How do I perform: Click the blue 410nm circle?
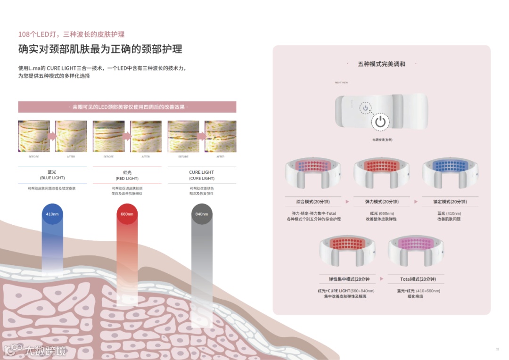(x=52, y=214)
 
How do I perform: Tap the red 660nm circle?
(x=127, y=214)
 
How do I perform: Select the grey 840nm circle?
(x=201, y=214)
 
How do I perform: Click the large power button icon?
(x=380, y=122)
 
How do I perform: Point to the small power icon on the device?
(x=364, y=108)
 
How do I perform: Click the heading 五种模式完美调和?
(x=381, y=64)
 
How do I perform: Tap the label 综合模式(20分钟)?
(x=313, y=202)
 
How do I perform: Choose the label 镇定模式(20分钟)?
(x=450, y=202)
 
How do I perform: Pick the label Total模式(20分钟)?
(x=415, y=279)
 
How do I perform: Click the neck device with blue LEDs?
(x=450, y=172)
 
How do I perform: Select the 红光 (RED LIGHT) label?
(x=127, y=175)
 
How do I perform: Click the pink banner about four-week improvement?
(x=127, y=107)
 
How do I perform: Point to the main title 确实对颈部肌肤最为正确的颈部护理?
(x=100, y=49)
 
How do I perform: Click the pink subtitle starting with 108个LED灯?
(x=71, y=34)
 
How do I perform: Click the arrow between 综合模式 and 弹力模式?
(x=347, y=202)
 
